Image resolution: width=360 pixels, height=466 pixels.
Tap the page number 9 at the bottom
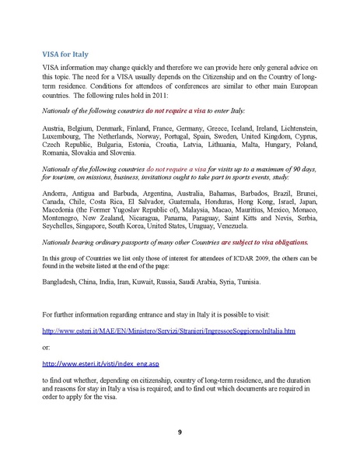(179, 432)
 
